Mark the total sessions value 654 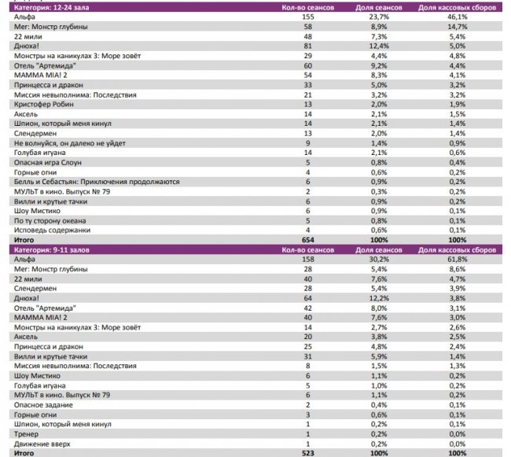point(307,240)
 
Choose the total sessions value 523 point(307,454)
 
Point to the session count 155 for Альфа point(307,17)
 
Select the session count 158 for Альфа point(307,259)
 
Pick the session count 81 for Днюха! point(307,46)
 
